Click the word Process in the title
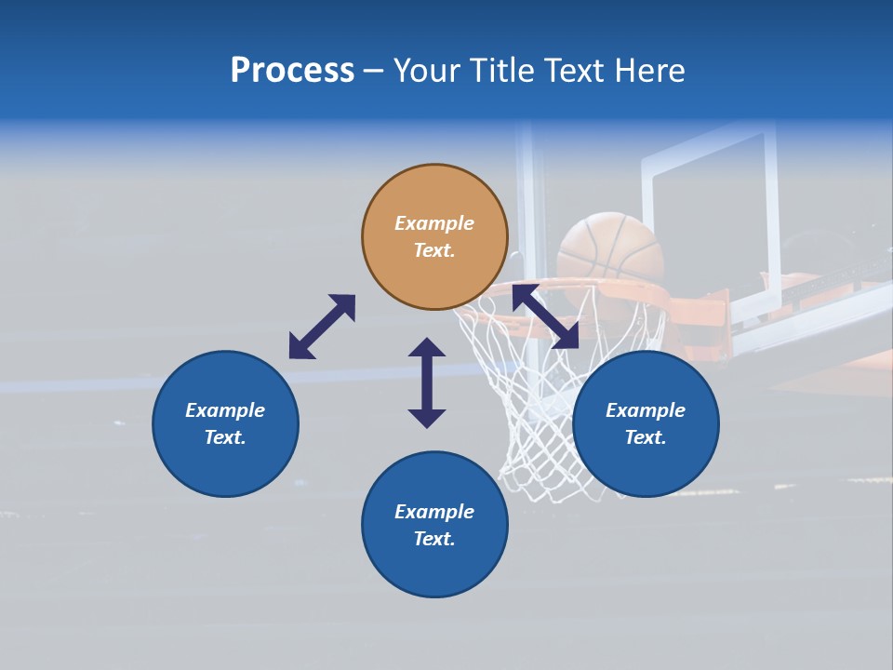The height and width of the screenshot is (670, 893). [292, 71]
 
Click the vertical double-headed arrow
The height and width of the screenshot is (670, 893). [427, 382]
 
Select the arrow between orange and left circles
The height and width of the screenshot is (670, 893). [322, 327]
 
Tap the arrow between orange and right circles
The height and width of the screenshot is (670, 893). [545, 317]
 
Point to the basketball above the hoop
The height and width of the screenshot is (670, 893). [610, 247]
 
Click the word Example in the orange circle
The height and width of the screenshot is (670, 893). [434, 223]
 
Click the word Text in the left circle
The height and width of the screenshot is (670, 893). [225, 437]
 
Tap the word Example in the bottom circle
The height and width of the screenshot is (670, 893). [434, 512]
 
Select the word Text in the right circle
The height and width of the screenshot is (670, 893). [646, 437]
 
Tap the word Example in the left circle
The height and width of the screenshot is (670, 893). [225, 410]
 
